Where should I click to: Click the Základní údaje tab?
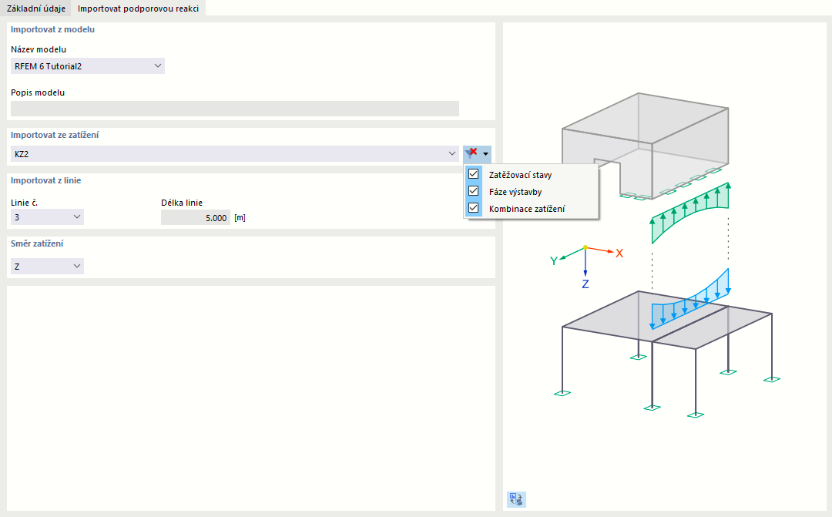(x=36, y=8)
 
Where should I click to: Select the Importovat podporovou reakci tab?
(x=138, y=8)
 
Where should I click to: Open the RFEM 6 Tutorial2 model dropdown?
(x=88, y=65)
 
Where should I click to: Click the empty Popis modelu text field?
(x=234, y=109)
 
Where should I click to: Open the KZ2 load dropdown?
(x=234, y=154)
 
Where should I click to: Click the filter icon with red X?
(x=471, y=153)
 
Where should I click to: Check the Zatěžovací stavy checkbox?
(x=473, y=174)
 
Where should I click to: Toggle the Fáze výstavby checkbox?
(x=473, y=191)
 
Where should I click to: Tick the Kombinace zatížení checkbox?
(x=473, y=208)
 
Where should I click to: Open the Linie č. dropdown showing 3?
(x=47, y=217)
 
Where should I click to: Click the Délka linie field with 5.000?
(x=195, y=217)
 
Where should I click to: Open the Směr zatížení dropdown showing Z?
(x=47, y=266)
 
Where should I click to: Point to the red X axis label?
(x=619, y=253)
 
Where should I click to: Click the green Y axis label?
(x=553, y=260)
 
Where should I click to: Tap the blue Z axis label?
(x=585, y=284)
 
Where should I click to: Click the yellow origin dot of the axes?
(x=585, y=247)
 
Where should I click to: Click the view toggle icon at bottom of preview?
(x=516, y=499)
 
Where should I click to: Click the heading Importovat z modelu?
(x=52, y=30)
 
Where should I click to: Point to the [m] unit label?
(x=240, y=217)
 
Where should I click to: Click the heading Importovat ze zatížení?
(x=55, y=135)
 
